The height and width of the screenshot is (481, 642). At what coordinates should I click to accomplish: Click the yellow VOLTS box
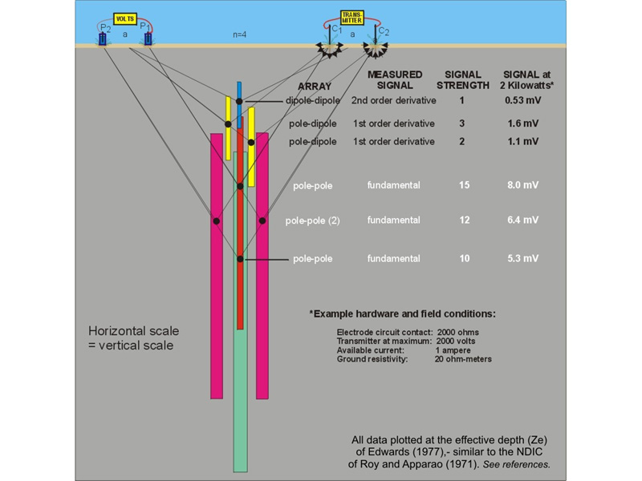coord(125,18)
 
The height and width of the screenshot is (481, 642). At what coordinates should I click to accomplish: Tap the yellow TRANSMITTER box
coord(352,18)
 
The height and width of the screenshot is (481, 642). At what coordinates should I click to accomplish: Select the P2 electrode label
coord(106,28)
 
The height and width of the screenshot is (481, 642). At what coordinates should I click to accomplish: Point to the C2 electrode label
coord(384,31)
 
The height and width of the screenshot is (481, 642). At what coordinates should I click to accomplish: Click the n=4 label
coord(239,34)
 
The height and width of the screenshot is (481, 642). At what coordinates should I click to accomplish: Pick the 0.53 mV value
coord(523,100)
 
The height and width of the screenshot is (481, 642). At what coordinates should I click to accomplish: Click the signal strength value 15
coord(464,185)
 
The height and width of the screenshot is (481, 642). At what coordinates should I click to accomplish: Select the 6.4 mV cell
coord(523,220)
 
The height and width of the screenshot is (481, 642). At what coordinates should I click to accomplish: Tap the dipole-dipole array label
coord(313,101)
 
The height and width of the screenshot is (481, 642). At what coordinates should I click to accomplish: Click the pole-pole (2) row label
coord(312,221)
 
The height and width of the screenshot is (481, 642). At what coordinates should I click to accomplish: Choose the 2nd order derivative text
coord(393,101)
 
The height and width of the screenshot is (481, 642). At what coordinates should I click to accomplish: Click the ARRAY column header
coord(315,87)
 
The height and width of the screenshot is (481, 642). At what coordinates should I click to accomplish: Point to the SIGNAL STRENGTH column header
coord(463,79)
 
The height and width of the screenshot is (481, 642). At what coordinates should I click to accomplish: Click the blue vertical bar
coord(239,105)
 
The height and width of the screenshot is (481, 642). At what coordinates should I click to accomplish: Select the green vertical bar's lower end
coord(240,471)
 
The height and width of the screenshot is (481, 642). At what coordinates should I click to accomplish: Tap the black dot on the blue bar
coord(239,102)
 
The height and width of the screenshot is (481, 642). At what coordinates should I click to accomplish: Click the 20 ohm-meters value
coord(463,359)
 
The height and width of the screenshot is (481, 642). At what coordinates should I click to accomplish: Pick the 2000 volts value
coord(456,342)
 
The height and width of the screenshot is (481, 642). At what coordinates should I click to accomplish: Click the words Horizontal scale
coord(134,331)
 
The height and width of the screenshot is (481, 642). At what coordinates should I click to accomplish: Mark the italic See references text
coord(516,465)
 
